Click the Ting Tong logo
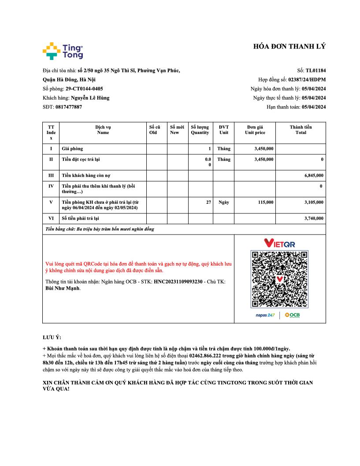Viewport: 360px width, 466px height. tap(63, 51)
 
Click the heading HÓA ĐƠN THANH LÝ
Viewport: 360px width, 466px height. tap(289, 47)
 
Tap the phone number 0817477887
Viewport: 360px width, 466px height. tap(69, 107)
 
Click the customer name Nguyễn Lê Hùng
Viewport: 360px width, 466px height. tap(90, 98)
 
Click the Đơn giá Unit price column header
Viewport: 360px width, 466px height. tap(255, 130)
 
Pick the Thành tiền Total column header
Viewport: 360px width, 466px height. tap(301, 130)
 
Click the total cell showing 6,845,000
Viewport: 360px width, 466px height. tap(314, 175)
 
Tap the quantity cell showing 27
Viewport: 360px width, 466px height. tap(208, 202)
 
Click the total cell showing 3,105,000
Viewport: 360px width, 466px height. tap(314, 202)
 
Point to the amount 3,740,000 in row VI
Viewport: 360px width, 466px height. tap(314, 218)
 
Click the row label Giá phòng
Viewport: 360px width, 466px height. tap(72, 149)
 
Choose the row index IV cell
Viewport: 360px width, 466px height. tap(51, 186)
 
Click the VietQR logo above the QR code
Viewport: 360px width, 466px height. tap(279, 243)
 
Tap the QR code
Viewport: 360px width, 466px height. tap(279, 279)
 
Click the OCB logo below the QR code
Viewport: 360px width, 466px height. tap(292, 315)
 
